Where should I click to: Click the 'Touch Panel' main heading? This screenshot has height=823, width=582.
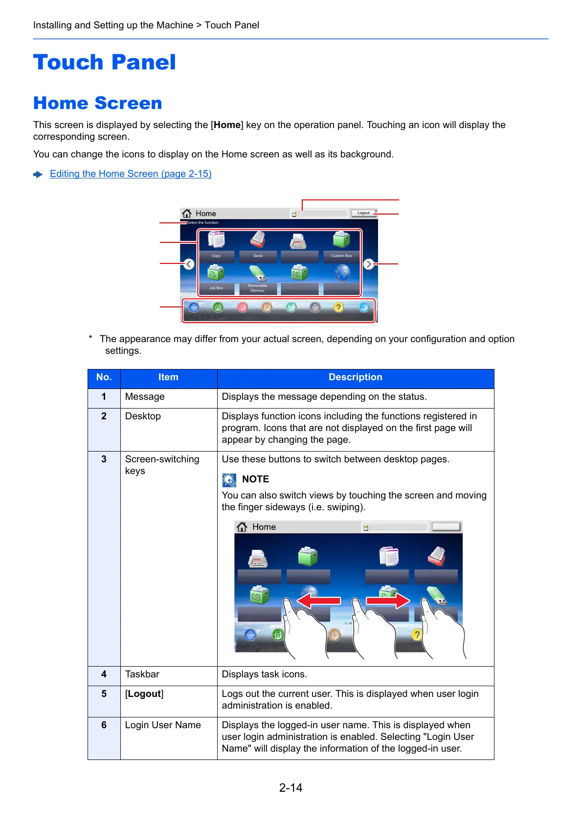(104, 63)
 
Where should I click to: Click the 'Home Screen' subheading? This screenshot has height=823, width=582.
(97, 103)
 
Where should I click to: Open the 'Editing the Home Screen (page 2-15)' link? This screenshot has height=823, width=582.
(131, 174)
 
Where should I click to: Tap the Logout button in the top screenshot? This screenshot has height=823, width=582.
(363, 213)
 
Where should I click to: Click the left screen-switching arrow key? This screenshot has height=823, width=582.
(189, 264)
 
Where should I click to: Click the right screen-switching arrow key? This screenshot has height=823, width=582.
(369, 264)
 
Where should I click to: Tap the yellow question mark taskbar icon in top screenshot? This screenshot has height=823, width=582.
(338, 307)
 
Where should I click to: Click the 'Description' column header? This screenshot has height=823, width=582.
(355, 377)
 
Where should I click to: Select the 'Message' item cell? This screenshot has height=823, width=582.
(145, 397)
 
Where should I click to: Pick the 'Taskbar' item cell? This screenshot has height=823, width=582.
(142, 674)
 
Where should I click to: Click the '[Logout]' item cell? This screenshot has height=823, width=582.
(144, 694)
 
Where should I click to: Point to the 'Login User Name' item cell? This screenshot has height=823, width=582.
(163, 725)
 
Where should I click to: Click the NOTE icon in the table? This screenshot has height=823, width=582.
(229, 480)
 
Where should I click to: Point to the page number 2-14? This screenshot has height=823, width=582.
(291, 788)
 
